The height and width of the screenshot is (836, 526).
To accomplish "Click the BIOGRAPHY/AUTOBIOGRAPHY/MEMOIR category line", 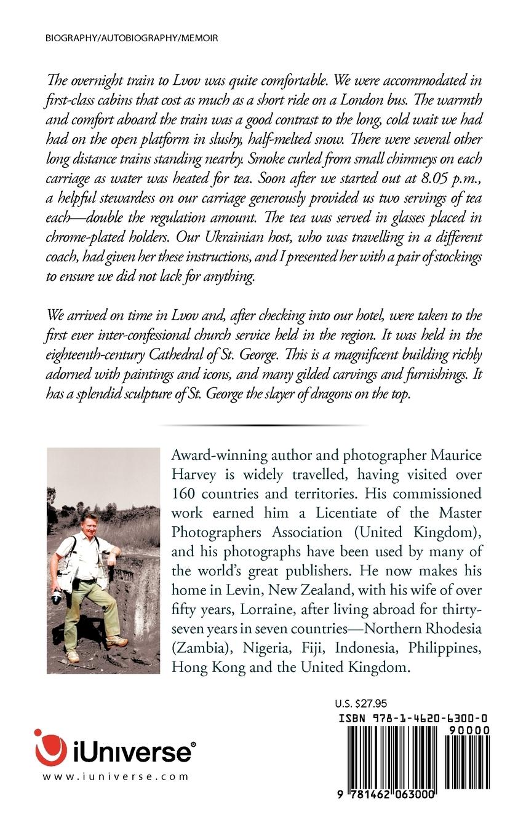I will click(132, 38).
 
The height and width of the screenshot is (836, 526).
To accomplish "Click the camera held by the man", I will click(57, 596).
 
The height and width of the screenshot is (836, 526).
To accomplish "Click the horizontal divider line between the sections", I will click(263, 425).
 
